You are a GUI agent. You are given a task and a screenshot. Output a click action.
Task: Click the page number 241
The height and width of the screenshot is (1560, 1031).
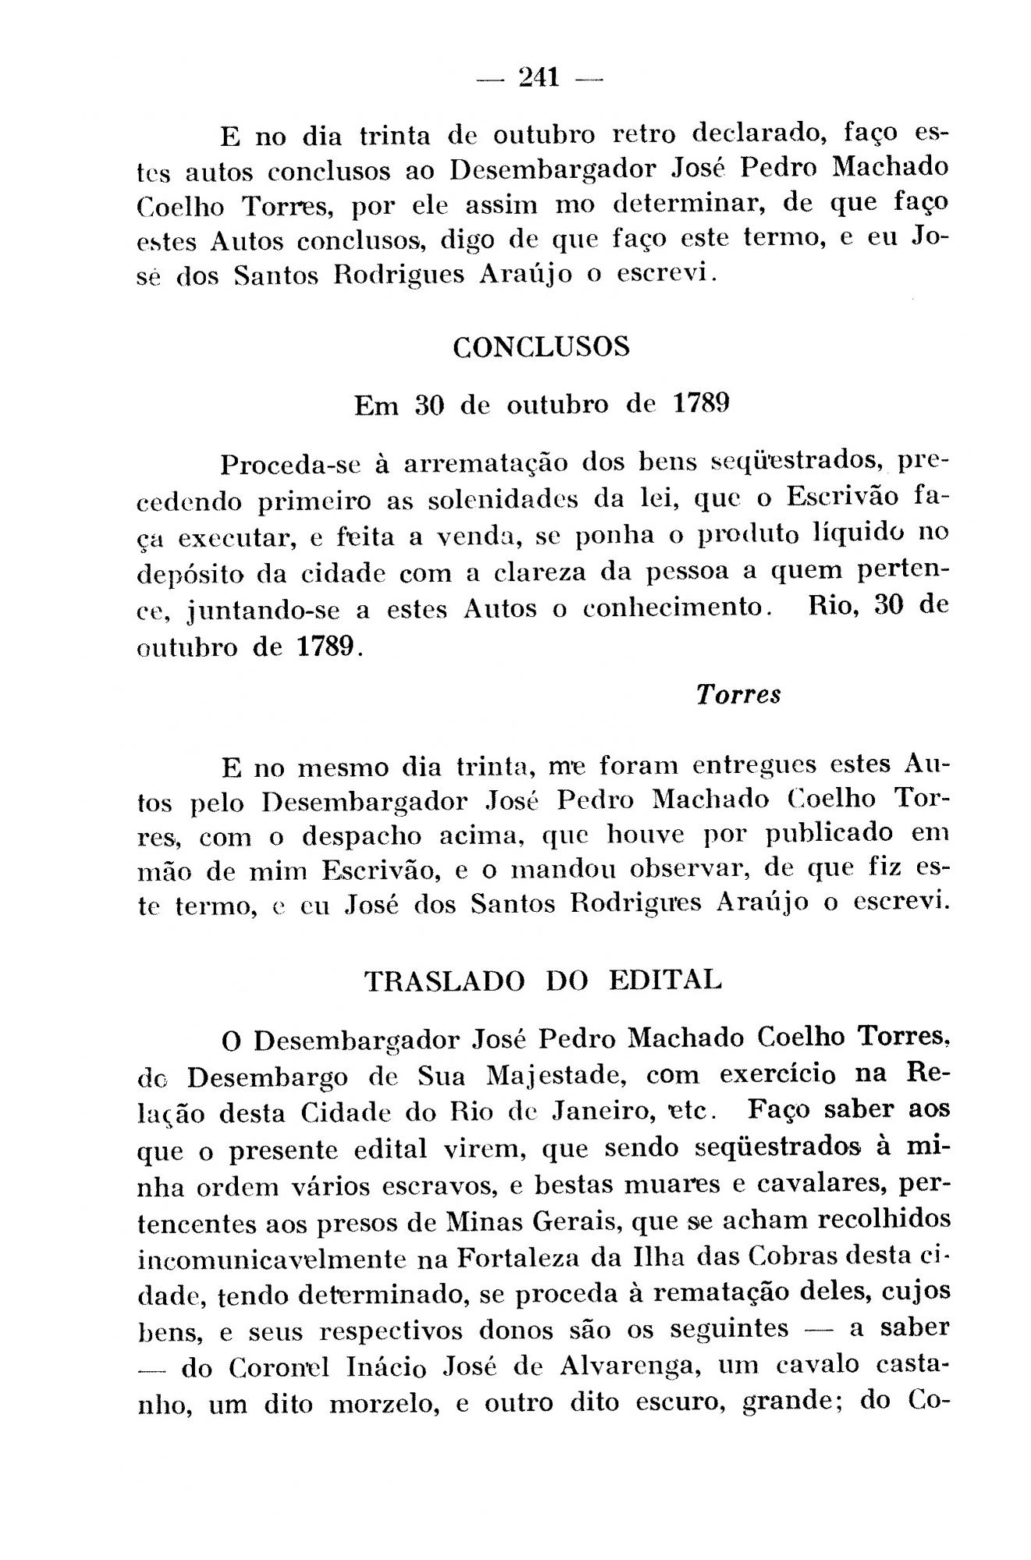(x=539, y=77)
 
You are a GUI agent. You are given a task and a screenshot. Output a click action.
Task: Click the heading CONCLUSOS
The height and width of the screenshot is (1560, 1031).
(x=541, y=347)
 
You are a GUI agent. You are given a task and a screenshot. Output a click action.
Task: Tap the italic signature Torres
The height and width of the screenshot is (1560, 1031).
(x=738, y=694)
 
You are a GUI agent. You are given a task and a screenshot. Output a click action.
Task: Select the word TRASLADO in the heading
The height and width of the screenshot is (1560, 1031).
(x=445, y=980)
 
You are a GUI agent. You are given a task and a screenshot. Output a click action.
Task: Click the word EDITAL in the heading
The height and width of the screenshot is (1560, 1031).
(x=665, y=980)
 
